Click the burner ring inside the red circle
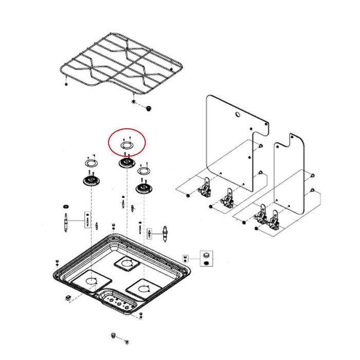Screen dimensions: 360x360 (x=127, y=146)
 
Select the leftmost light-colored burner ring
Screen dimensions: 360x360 (x=91, y=163)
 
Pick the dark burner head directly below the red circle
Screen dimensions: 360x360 (x=126, y=163)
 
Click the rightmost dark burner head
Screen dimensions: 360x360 (x=144, y=188)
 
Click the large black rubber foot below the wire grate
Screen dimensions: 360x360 (x=149, y=109)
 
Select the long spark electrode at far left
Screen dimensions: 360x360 (x=67, y=222)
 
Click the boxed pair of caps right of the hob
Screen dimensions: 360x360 (x=206, y=258)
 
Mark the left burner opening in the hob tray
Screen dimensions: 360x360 (x=92, y=280)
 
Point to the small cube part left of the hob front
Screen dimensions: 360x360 (x=67, y=298)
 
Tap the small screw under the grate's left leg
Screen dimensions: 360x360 (x=66, y=84)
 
